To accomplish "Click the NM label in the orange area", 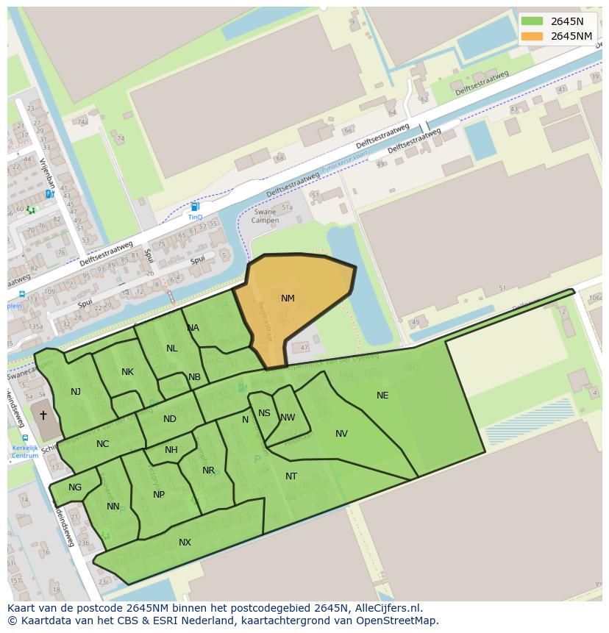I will [x=288, y=298].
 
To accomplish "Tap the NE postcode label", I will [x=382, y=396].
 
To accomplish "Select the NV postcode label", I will [x=341, y=434].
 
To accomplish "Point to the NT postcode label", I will [x=291, y=476].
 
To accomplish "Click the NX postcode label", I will [x=185, y=543].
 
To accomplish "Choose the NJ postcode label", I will [x=76, y=392].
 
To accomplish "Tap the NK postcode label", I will [x=127, y=372].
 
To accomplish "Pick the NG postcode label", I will [x=75, y=487].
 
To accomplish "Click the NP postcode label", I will [x=159, y=495].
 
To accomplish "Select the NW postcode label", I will [x=288, y=418].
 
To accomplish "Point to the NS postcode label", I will [x=264, y=413].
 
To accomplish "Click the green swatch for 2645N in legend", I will [x=532, y=21].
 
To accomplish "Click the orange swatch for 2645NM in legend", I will [x=532, y=36].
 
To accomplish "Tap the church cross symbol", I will [x=43, y=415].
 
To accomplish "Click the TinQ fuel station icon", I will [x=195, y=207].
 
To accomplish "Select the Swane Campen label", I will [x=265, y=217].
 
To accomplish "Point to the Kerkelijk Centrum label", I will [x=25, y=451].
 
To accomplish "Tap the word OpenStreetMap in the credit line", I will [x=401, y=621].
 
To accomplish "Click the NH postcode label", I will [x=171, y=450].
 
